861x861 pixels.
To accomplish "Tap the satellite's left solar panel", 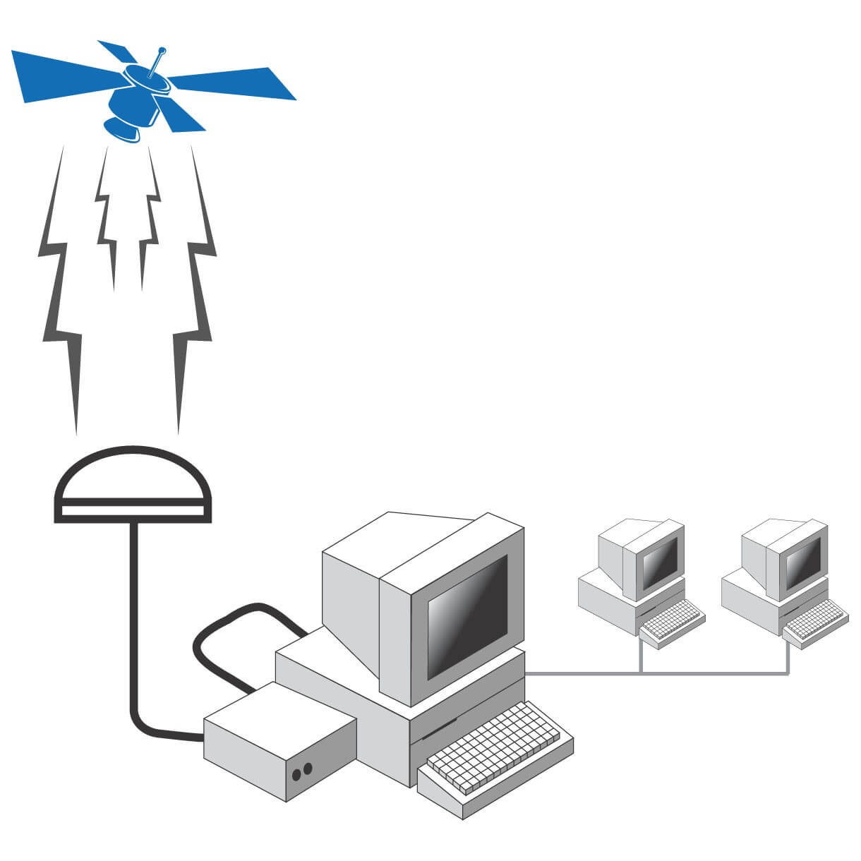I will pos(64,74).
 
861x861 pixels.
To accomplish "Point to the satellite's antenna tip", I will pos(162,50).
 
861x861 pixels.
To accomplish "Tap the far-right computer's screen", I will pos(804,561).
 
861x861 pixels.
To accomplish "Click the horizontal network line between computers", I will pos(656,673).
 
